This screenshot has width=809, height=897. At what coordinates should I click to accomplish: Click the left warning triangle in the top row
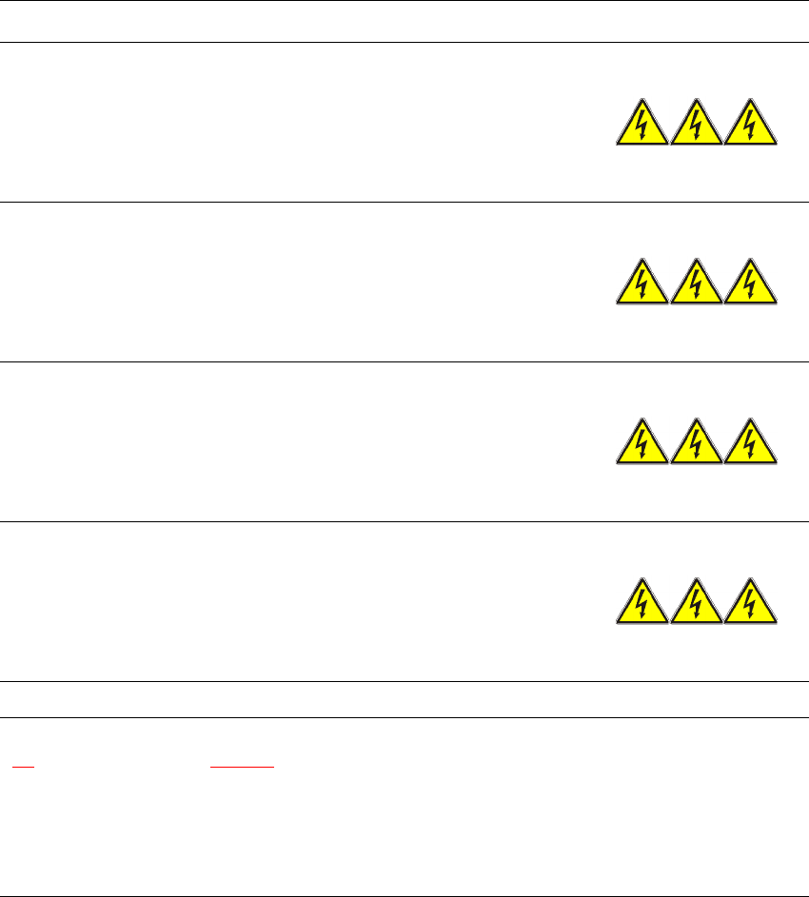tap(642, 125)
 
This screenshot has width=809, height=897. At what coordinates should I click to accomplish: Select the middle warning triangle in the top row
tap(697, 125)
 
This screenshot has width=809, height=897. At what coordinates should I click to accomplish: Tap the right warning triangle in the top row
tap(751, 125)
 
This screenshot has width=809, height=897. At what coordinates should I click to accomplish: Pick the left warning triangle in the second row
tap(642, 284)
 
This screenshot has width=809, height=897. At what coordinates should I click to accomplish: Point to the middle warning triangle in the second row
tap(697, 284)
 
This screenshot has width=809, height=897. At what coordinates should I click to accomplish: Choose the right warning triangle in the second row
tap(751, 284)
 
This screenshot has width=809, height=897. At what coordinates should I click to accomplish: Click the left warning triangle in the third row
tap(642, 444)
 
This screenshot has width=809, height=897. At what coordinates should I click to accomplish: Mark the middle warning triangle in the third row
tap(697, 444)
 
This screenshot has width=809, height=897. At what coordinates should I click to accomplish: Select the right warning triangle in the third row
tap(751, 444)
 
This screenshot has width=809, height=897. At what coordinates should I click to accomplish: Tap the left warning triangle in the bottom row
tap(642, 604)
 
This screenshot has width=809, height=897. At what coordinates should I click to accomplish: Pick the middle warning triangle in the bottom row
tap(697, 604)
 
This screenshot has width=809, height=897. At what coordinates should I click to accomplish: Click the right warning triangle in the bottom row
tap(751, 604)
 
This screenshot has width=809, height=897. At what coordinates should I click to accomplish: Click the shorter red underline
tap(24, 766)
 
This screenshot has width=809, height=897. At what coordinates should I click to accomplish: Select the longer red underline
tap(242, 766)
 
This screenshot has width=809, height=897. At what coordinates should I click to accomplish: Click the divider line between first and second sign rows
tap(404, 201)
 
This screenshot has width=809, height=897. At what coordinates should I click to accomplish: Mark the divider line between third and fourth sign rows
tap(404, 520)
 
